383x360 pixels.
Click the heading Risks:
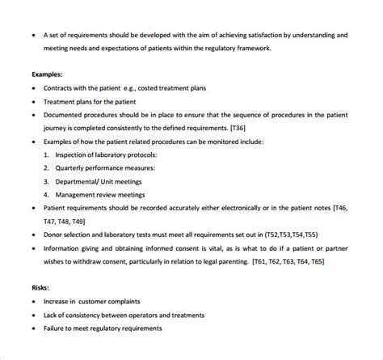[41, 287]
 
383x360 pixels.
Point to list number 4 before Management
[47, 194]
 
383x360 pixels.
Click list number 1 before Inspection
[47, 155]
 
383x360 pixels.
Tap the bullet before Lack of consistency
[32, 315]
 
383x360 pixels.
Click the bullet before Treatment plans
[32, 101]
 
